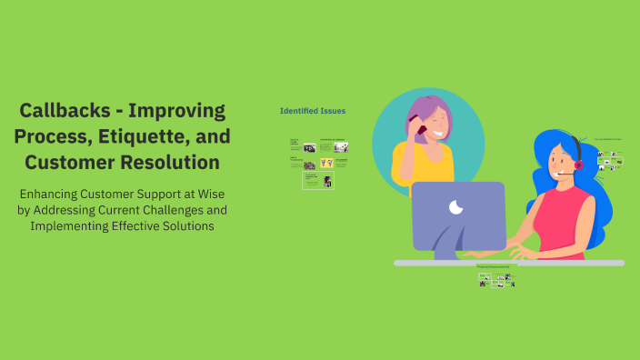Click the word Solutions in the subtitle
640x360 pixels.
(187, 226)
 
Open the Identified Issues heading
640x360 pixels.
(312, 111)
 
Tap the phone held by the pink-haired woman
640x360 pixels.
(420, 130)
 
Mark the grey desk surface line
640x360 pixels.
(509, 263)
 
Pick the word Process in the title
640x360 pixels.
(63, 137)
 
